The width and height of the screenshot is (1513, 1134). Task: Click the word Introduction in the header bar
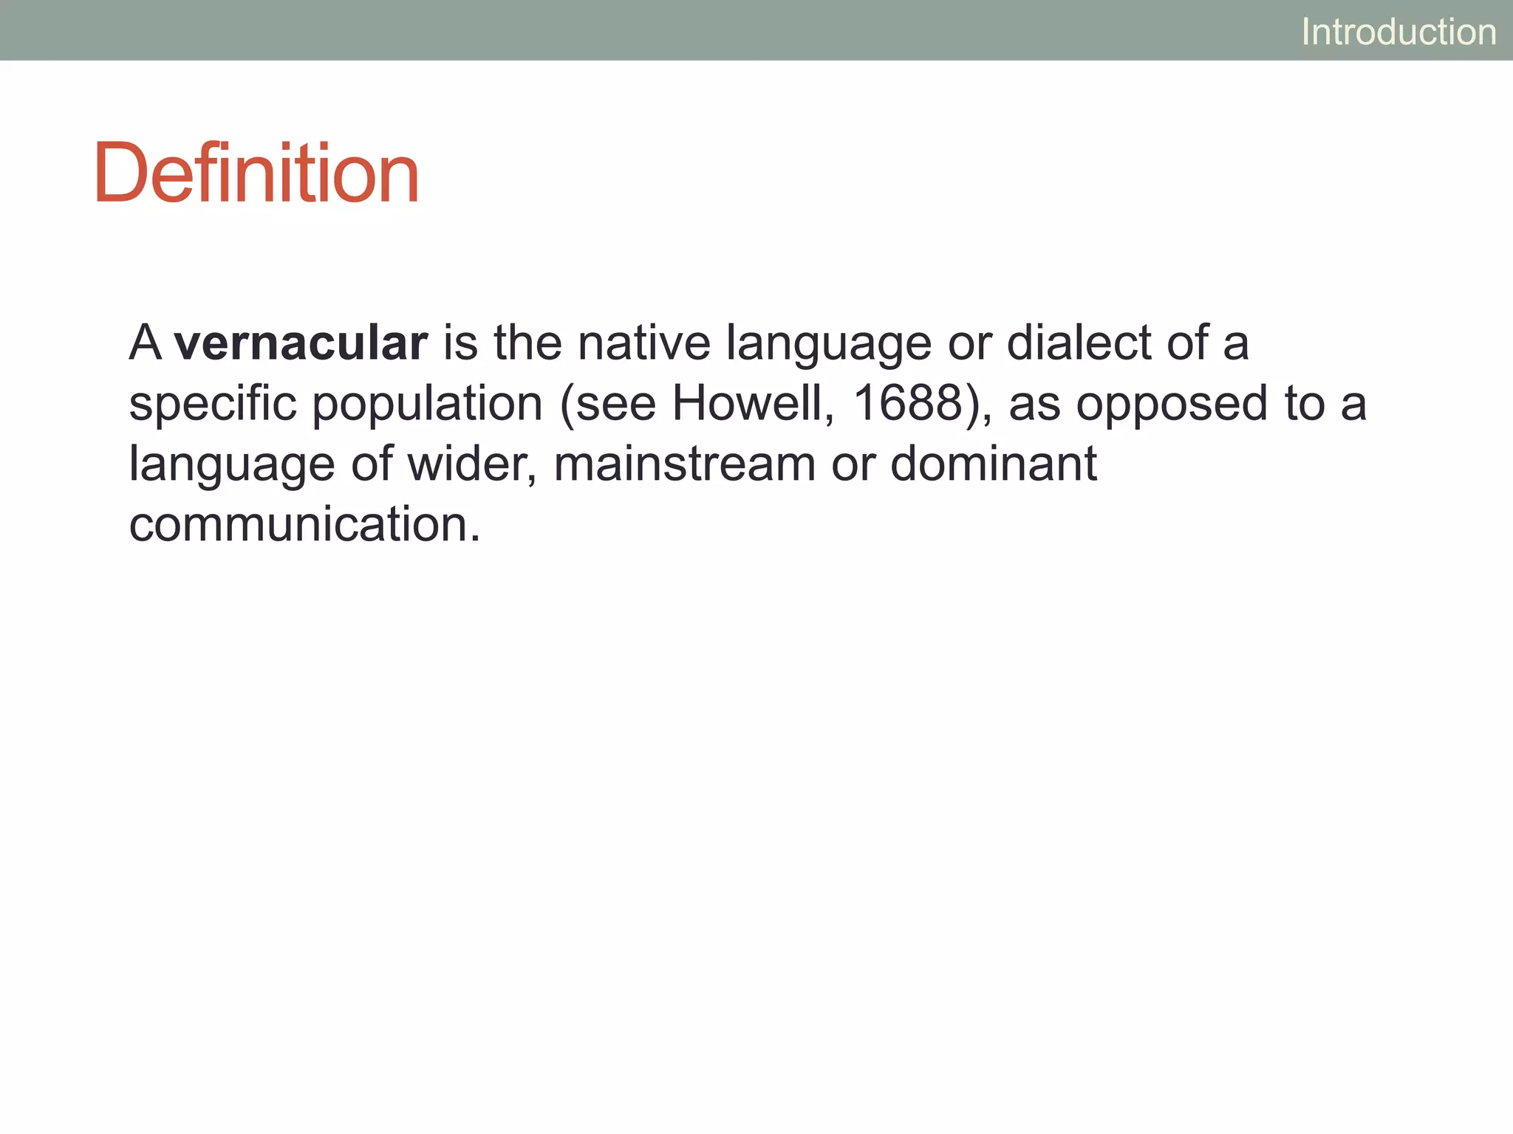pyautogui.click(x=1398, y=32)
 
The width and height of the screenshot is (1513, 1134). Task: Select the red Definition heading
pyautogui.click(x=256, y=173)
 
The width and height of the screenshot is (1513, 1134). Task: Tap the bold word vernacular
pyautogui.click(x=301, y=343)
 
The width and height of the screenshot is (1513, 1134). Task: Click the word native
pyautogui.click(x=643, y=343)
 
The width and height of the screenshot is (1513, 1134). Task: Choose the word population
pyautogui.click(x=427, y=405)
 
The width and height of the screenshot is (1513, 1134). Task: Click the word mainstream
pyautogui.click(x=683, y=464)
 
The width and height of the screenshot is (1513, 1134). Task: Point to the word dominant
pyautogui.click(x=993, y=464)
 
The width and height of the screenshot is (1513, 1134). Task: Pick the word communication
pyautogui.click(x=298, y=525)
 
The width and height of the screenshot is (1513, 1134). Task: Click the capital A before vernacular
pyautogui.click(x=145, y=343)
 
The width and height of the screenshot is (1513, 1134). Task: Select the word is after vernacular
pyautogui.click(x=460, y=343)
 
